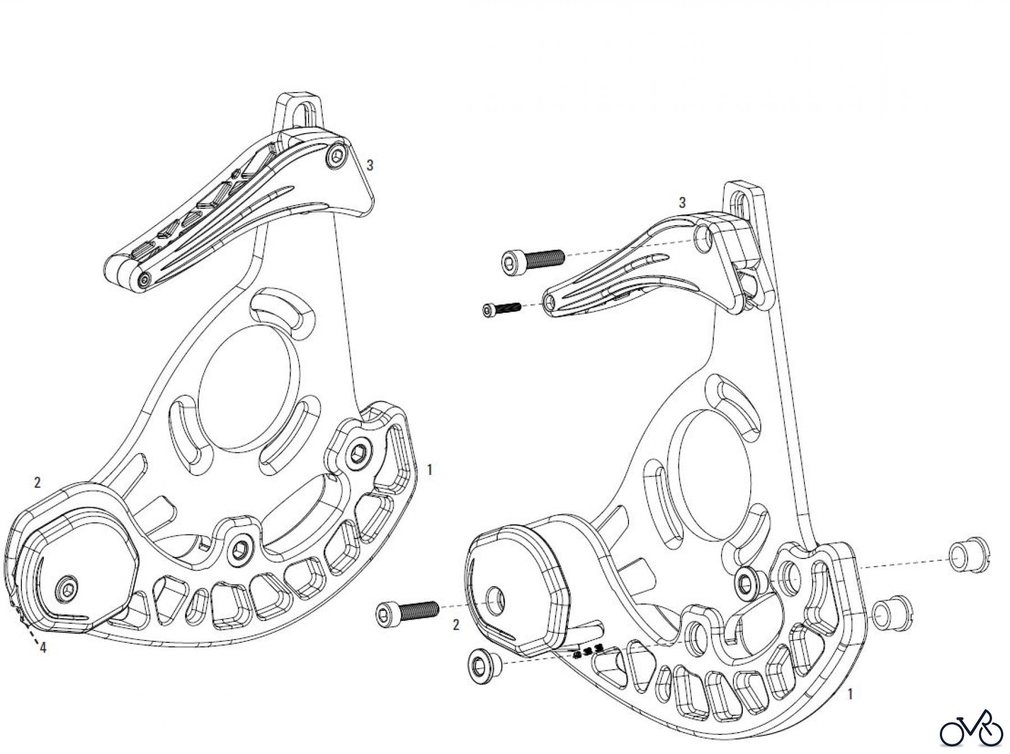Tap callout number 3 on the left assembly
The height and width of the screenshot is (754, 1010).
point(370,165)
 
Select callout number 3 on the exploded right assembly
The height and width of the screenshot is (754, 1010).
point(682,203)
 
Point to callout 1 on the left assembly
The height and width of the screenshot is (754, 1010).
point(429,469)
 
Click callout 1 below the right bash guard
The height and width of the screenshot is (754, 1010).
point(850,694)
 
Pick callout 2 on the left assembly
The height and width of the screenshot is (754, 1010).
point(37,482)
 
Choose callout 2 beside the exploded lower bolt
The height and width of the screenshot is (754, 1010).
point(456,625)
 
